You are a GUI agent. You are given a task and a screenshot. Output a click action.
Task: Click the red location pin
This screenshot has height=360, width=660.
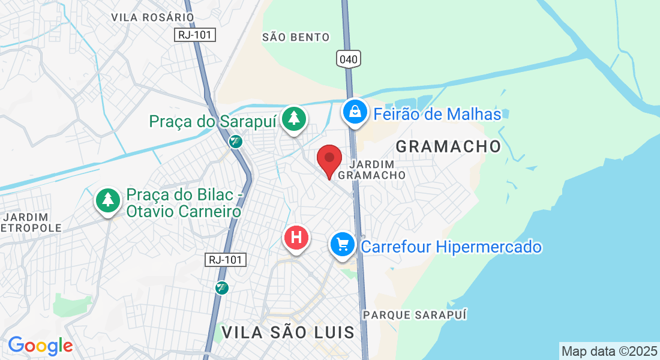(329, 160)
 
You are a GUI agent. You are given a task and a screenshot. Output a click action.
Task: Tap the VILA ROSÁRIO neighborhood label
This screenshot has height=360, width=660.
(152, 17)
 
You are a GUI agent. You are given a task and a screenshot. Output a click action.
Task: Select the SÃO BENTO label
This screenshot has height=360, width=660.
(296, 37)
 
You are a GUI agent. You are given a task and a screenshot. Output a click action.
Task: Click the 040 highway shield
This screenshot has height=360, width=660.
(349, 59)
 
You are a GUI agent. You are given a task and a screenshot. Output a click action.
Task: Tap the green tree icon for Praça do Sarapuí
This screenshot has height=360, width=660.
(293, 118)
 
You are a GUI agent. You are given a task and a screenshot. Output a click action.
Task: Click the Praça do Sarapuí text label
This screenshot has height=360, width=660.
(213, 121)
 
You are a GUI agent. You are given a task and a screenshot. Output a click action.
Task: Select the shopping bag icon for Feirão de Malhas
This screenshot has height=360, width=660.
(355, 112)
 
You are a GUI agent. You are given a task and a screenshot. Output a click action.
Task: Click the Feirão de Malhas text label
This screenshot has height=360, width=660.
(437, 114)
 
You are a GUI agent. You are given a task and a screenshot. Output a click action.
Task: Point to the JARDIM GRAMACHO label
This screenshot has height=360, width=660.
(372, 169)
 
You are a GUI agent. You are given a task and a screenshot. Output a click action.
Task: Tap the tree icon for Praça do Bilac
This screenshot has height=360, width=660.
(108, 200)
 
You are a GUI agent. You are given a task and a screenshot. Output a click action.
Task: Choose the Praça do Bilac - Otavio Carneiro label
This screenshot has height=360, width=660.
(184, 203)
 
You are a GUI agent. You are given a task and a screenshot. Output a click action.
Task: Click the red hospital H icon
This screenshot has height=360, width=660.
(296, 238)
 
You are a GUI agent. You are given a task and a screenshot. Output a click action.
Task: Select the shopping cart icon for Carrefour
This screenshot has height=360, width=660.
(343, 245)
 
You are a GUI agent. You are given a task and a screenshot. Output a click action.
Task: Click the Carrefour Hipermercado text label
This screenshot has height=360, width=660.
(451, 247)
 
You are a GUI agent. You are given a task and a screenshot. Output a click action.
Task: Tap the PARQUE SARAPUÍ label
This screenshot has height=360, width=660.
(415, 314)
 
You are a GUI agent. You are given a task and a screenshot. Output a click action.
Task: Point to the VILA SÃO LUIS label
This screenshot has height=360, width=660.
(288, 332)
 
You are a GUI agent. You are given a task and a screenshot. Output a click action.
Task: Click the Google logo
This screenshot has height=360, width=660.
(40, 346)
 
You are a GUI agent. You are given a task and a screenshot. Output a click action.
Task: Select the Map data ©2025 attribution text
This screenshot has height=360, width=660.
(608, 350)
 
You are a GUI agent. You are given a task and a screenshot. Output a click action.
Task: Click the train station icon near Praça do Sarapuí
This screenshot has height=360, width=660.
(235, 141)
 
